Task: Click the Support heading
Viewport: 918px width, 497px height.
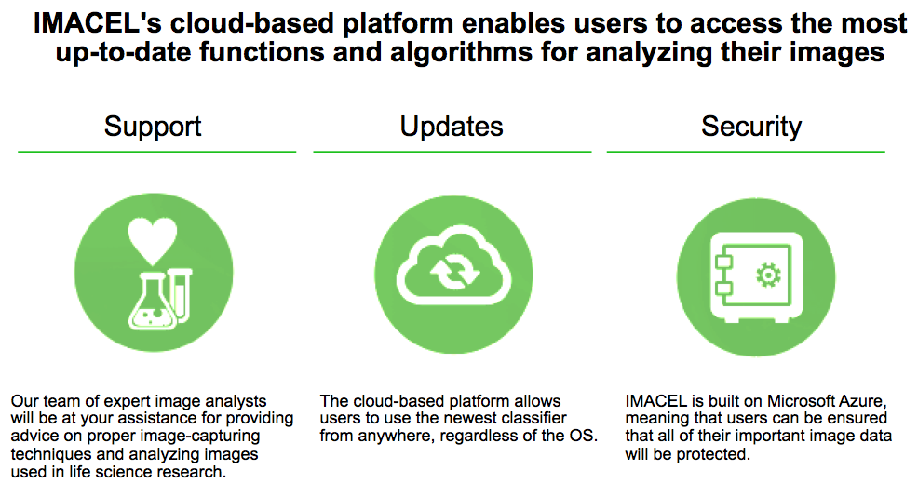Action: (x=152, y=127)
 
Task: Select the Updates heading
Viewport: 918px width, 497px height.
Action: (x=452, y=127)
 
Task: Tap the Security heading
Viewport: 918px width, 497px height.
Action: (x=751, y=127)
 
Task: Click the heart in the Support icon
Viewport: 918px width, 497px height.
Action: (x=153, y=240)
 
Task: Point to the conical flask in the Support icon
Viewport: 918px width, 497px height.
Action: (x=152, y=304)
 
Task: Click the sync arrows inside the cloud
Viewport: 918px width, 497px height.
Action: (x=454, y=272)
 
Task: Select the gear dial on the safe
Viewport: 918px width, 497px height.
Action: (x=768, y=275)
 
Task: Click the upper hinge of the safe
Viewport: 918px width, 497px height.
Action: (x=724, y=262)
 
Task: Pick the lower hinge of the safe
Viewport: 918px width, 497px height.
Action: (x=724, y=288)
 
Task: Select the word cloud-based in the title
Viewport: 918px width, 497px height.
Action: (x=251, y=23)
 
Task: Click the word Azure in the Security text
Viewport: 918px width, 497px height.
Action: (x=864, y=401)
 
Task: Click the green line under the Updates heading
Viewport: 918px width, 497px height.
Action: (x=452, y=152)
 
